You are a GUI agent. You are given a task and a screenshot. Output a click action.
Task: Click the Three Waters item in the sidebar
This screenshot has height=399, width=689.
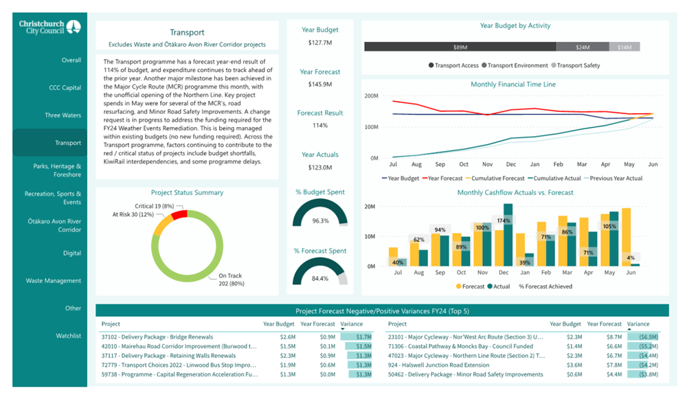tap(63, 115)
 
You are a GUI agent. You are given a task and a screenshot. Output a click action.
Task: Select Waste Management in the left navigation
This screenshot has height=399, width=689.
tap(53, 280)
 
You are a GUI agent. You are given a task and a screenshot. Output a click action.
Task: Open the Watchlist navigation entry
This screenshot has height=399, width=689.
tap(68, 336)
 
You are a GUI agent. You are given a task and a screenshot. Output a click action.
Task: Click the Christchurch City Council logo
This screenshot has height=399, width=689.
tap(49, 27)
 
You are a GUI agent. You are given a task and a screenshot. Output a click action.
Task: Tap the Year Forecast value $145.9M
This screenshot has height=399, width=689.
tap(320, 84)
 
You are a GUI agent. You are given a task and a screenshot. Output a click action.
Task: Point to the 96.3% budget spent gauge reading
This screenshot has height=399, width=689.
tap(320, 220)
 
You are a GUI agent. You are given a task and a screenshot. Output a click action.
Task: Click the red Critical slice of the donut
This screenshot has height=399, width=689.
tap(179, 214)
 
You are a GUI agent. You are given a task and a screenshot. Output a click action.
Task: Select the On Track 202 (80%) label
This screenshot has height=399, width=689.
tap(231, 280)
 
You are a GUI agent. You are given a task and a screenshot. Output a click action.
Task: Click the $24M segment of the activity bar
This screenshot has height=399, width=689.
tap(583, 47)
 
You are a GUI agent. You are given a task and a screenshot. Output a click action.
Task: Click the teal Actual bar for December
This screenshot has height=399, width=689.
tap(508, 235)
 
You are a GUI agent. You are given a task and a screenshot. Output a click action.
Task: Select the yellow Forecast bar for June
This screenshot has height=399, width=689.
tap(626, 237)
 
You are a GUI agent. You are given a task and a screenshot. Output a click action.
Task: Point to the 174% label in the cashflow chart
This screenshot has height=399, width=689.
tap(504, 220)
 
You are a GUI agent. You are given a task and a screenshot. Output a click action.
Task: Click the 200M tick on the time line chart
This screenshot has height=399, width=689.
tap(372, 95)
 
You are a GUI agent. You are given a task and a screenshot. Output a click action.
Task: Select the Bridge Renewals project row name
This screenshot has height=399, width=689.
tap(157, 337)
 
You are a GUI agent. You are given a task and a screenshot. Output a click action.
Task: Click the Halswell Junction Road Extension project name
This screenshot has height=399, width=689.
tap(438, 365)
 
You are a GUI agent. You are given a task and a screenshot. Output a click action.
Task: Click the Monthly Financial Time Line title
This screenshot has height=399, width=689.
tap(513, 84)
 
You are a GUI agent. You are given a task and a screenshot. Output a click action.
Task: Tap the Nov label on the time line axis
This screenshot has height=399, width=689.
tap(487, 164)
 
